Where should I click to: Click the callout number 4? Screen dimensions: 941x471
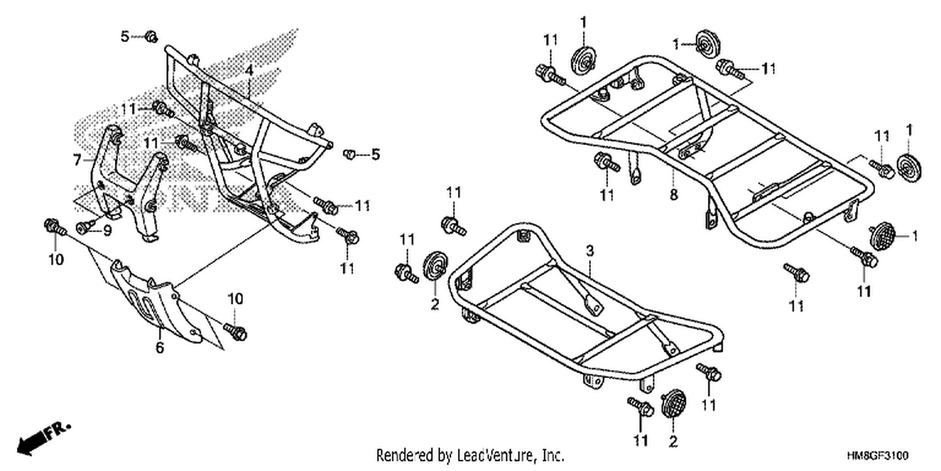tap(250, 70)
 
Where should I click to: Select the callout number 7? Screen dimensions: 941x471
tap(77, 160)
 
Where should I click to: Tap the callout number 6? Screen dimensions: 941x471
tap(159, 348)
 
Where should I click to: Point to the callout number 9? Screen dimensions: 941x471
tap(107, 230)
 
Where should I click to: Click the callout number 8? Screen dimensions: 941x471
tap(673, 195)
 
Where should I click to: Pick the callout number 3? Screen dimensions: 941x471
tap(590, 251)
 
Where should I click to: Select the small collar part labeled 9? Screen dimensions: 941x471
tap(83, 227)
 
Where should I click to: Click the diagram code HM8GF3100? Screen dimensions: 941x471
tap(877, 456)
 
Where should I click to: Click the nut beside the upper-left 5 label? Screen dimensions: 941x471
tap(151, 36)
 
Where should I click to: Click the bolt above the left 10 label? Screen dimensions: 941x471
tap(55, 227)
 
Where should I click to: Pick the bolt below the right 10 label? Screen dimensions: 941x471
tap(236, 332)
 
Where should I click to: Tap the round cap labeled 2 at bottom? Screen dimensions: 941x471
tap(673, 403)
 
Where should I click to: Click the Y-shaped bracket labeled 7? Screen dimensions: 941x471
tap(128, 181)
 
